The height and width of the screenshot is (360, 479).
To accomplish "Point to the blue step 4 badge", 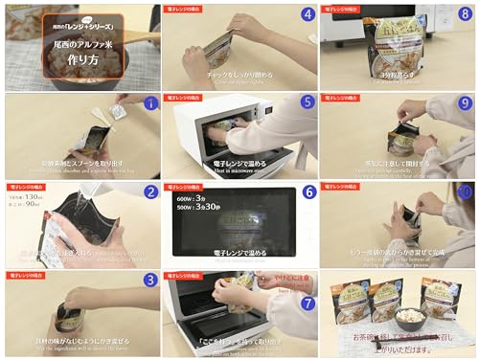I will (x=307, y=15).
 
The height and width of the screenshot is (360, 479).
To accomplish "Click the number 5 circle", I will (x=307, y=102).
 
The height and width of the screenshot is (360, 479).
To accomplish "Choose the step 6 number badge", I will (x=307, y=192).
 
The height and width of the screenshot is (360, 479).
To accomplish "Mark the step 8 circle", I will (x=465, y=15).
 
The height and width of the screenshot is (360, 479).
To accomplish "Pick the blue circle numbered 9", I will (x=465, y=102).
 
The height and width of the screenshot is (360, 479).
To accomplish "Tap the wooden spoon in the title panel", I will (x=134, y=38).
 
